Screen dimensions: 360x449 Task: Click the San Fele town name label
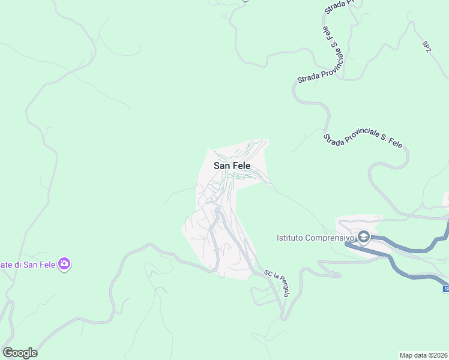click(x=231, y=166)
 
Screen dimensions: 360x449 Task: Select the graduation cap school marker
click(x=364, y=238)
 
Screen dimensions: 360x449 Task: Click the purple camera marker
click(x=65, y=264)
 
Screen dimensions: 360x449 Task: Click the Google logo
click(x=20, y=353)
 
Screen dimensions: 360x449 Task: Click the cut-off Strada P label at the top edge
click(x=339, y=7)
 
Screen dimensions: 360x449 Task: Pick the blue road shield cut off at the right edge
click(x=446, y=289)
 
